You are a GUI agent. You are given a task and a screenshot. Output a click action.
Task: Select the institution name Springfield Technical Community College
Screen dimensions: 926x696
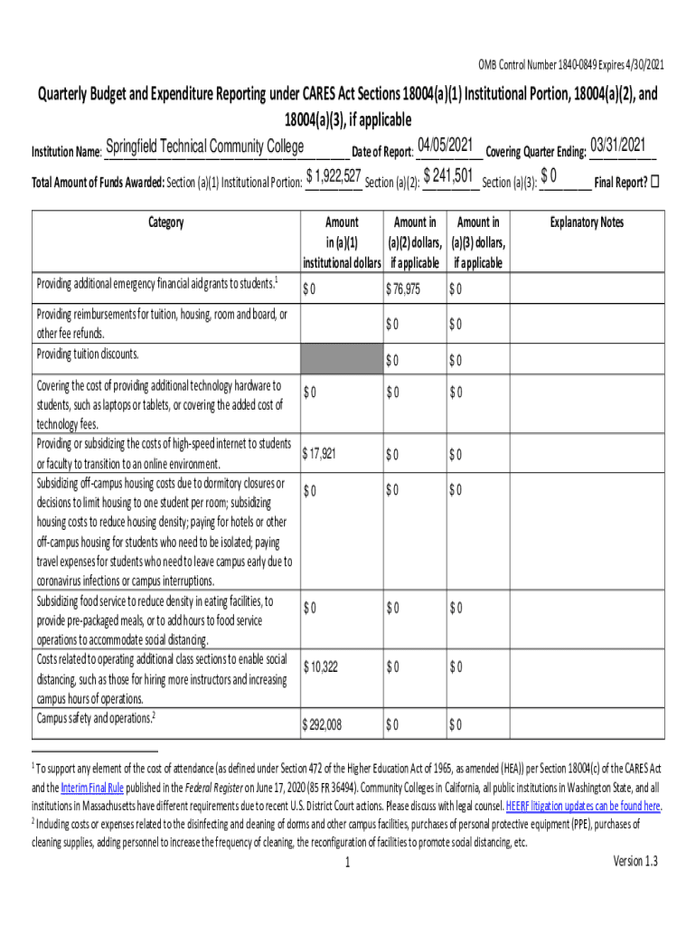[204, 147]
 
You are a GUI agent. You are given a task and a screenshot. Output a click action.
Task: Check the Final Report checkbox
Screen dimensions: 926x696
[655, 181]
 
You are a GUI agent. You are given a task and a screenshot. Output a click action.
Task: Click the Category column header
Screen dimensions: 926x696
[165, 222]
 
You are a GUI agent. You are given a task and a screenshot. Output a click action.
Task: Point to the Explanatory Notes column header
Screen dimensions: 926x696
[587, 222]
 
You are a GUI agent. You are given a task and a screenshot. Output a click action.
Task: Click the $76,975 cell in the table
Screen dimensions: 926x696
[403, 289]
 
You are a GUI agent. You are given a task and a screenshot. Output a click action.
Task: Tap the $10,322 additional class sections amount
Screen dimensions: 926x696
[321, 667]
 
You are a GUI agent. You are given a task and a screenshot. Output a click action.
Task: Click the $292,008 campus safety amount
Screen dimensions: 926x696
[324, 724]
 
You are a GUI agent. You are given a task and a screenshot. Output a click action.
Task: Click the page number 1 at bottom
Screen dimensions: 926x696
[347, 864]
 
